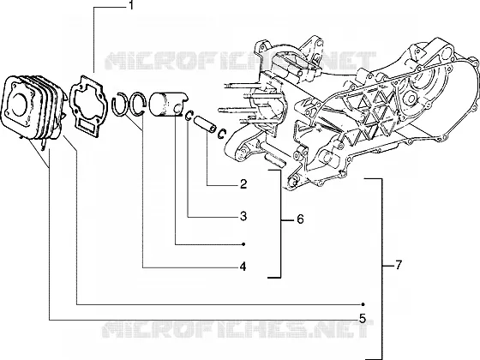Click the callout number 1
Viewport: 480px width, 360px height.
(131, 5)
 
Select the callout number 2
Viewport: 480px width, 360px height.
(243, 184)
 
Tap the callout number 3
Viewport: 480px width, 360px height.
(243, 216)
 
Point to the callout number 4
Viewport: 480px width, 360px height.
(243, 267)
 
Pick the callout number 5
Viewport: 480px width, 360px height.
(363, 319)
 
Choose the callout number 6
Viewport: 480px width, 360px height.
(300, 219)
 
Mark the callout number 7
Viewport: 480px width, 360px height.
(398, 265)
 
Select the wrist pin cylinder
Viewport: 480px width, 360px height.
(206, 124)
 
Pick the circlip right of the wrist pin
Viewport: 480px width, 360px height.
(222, 134)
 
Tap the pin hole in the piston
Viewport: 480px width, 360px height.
(177, 108)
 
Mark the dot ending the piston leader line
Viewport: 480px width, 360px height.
(243, 244)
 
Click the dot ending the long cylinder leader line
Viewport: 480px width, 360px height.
(363, 304)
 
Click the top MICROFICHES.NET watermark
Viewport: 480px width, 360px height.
(240, 61)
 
